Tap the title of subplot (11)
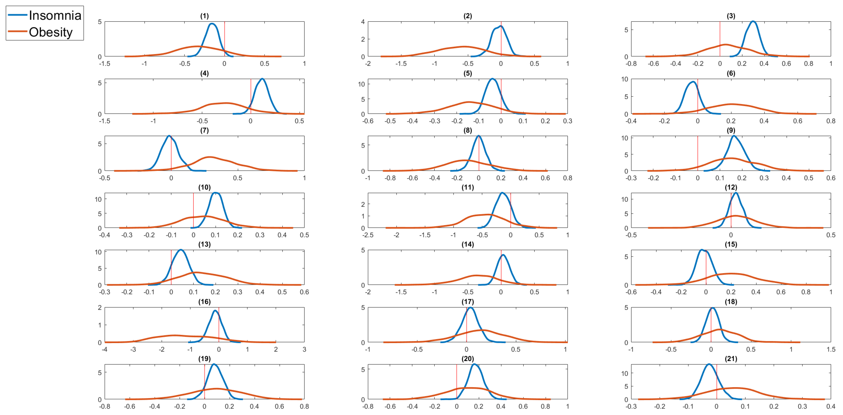[x=468, y=187]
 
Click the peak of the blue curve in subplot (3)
[x=753, y=22]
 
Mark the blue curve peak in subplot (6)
[x=693, y=82]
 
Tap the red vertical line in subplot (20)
[x=457, y=382]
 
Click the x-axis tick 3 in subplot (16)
[x=304, y=349]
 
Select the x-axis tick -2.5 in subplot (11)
[x=368, y=235]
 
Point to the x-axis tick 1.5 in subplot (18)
[x=831, y=349]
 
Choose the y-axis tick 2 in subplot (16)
[x=99, y=307]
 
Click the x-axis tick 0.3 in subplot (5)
[x=567, y=121]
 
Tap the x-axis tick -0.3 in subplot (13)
[x=105, y=292]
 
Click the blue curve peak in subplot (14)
[x=503, y=255]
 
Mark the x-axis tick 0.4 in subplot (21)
[x=831, y=407]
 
